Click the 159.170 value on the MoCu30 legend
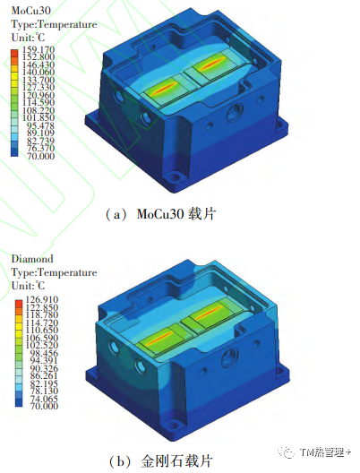(x=39, y=49)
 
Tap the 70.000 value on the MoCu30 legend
(x=40, y=156)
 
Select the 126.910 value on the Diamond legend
(x=42, y=299)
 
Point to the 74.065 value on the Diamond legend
(x=44, y=399)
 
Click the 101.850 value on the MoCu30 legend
(x=39, y=117)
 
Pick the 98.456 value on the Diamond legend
(x=44, y=353)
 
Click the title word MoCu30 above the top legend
(x=31, y=11)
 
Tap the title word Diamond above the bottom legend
(x=32, y=259)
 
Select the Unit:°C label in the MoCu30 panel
(x=28, y=38)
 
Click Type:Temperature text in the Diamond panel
(x=55, y=272)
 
